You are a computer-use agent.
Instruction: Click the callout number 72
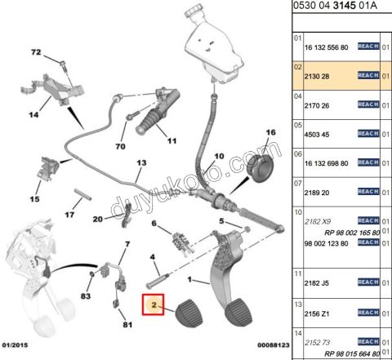pyautogui.click(x=36, y=52)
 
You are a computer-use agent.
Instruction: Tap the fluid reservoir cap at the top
pyautogui.click(x=194, y=10)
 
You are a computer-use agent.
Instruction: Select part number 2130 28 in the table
pyautogui.click(x=317, y=77)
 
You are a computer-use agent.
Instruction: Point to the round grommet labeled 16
pyautogui.click(x=260, y=168)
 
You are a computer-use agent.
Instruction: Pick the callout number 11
pyautogui.click(x=171, y=141)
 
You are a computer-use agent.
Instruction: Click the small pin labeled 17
pyautogui.click(x=82, y=195)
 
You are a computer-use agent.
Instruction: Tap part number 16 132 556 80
pyautogui.click(x=326, y=47)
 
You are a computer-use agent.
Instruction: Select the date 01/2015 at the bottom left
pyautogui.click(x=15, y=345)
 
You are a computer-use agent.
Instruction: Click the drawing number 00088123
pyautogui.click(x=274, y=345)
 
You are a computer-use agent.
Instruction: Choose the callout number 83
pyautogui.click(x=86, y=296)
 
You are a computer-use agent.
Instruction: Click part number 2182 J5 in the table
pyautogui.click(x=317, y=283)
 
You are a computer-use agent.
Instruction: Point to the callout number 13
pyautogui.click(x=141, y=162)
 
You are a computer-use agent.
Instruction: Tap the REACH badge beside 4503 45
pyautogui.click(x=368, y=134)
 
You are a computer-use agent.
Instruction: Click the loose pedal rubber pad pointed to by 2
pyautogui.click(x=189, y=312)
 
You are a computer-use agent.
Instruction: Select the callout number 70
pyautogui.click(x=120, y=146)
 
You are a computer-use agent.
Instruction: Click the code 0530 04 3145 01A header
pyautogui.click(x=335, y=6)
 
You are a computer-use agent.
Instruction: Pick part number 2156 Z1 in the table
pyautogui.click(x=317, y=314)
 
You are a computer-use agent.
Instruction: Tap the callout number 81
pyautogui.click(x=127, y=324)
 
